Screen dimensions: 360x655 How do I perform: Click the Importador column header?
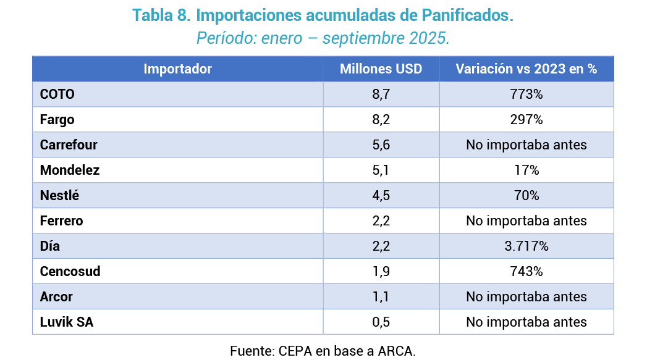pos(177,69)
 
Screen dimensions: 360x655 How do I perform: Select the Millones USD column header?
pos(381,69)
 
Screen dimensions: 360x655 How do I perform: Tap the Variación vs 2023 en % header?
pos(526,69)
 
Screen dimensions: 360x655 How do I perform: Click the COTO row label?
pos(57,94)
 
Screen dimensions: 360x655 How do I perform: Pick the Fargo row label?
pos(57,120)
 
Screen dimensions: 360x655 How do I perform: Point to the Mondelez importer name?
pos(69,170)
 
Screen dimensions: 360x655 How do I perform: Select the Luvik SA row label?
pos(66,322)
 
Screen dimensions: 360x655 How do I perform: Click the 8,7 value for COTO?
pos(381,94)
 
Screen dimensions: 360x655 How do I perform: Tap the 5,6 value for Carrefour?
pos(381,145)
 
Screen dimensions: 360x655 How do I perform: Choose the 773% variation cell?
pos(526,94)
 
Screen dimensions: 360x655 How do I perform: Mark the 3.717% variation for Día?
pos(526,246)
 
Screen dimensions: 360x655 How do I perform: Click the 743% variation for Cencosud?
pos(526,272)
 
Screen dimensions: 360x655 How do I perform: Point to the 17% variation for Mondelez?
pos(526,170)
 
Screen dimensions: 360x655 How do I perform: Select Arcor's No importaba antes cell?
pos(526,297)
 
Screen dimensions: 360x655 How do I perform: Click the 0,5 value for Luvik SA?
pos(381,322)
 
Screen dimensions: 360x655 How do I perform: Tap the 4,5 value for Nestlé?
pos(381,196)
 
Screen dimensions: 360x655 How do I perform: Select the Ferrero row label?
pos(61,221)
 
